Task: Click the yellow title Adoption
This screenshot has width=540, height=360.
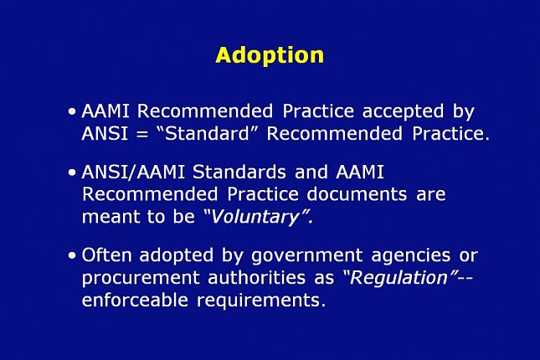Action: [270, 55]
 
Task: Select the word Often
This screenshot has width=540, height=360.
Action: [106, 255]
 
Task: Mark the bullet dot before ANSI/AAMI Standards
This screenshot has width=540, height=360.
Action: [73, 172]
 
